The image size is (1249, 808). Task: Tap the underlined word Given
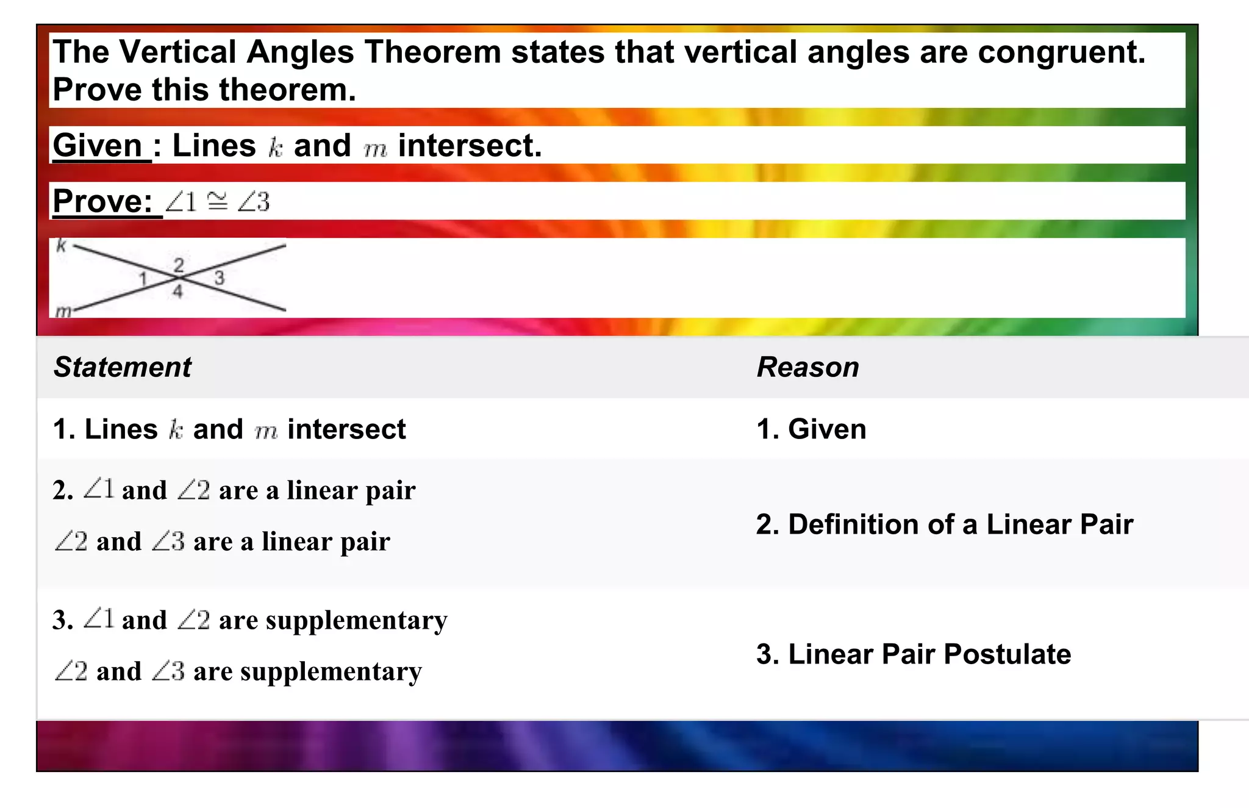98,146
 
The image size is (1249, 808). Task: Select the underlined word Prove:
102,201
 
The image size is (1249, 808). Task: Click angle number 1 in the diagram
143,279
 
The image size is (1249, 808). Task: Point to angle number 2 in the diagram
178,265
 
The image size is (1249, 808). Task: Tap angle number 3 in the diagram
219,278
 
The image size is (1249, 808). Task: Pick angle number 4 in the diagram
177,291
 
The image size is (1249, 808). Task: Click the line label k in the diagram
61,246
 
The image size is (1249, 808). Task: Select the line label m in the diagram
63,312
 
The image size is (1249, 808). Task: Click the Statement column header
122,367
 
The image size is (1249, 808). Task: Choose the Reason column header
807,367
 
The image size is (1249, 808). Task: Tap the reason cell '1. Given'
811,429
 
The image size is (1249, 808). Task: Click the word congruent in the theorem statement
1061,52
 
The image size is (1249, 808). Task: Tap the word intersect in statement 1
346,429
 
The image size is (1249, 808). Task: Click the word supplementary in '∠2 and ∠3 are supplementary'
331,672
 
